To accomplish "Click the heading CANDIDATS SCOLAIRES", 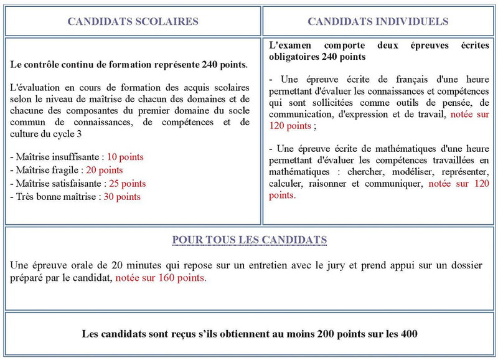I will point(133,21).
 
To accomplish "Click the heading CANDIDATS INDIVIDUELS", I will point(378,21).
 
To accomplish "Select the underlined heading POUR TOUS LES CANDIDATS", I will point(250,240).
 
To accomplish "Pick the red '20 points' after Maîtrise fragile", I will point(104,170).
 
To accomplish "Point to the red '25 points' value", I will point(127,184).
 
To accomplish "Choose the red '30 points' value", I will point(122,197).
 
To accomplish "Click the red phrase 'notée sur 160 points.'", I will point(161,278).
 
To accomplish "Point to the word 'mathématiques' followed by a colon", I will point(298,171).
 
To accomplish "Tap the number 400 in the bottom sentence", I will point(409,334).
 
